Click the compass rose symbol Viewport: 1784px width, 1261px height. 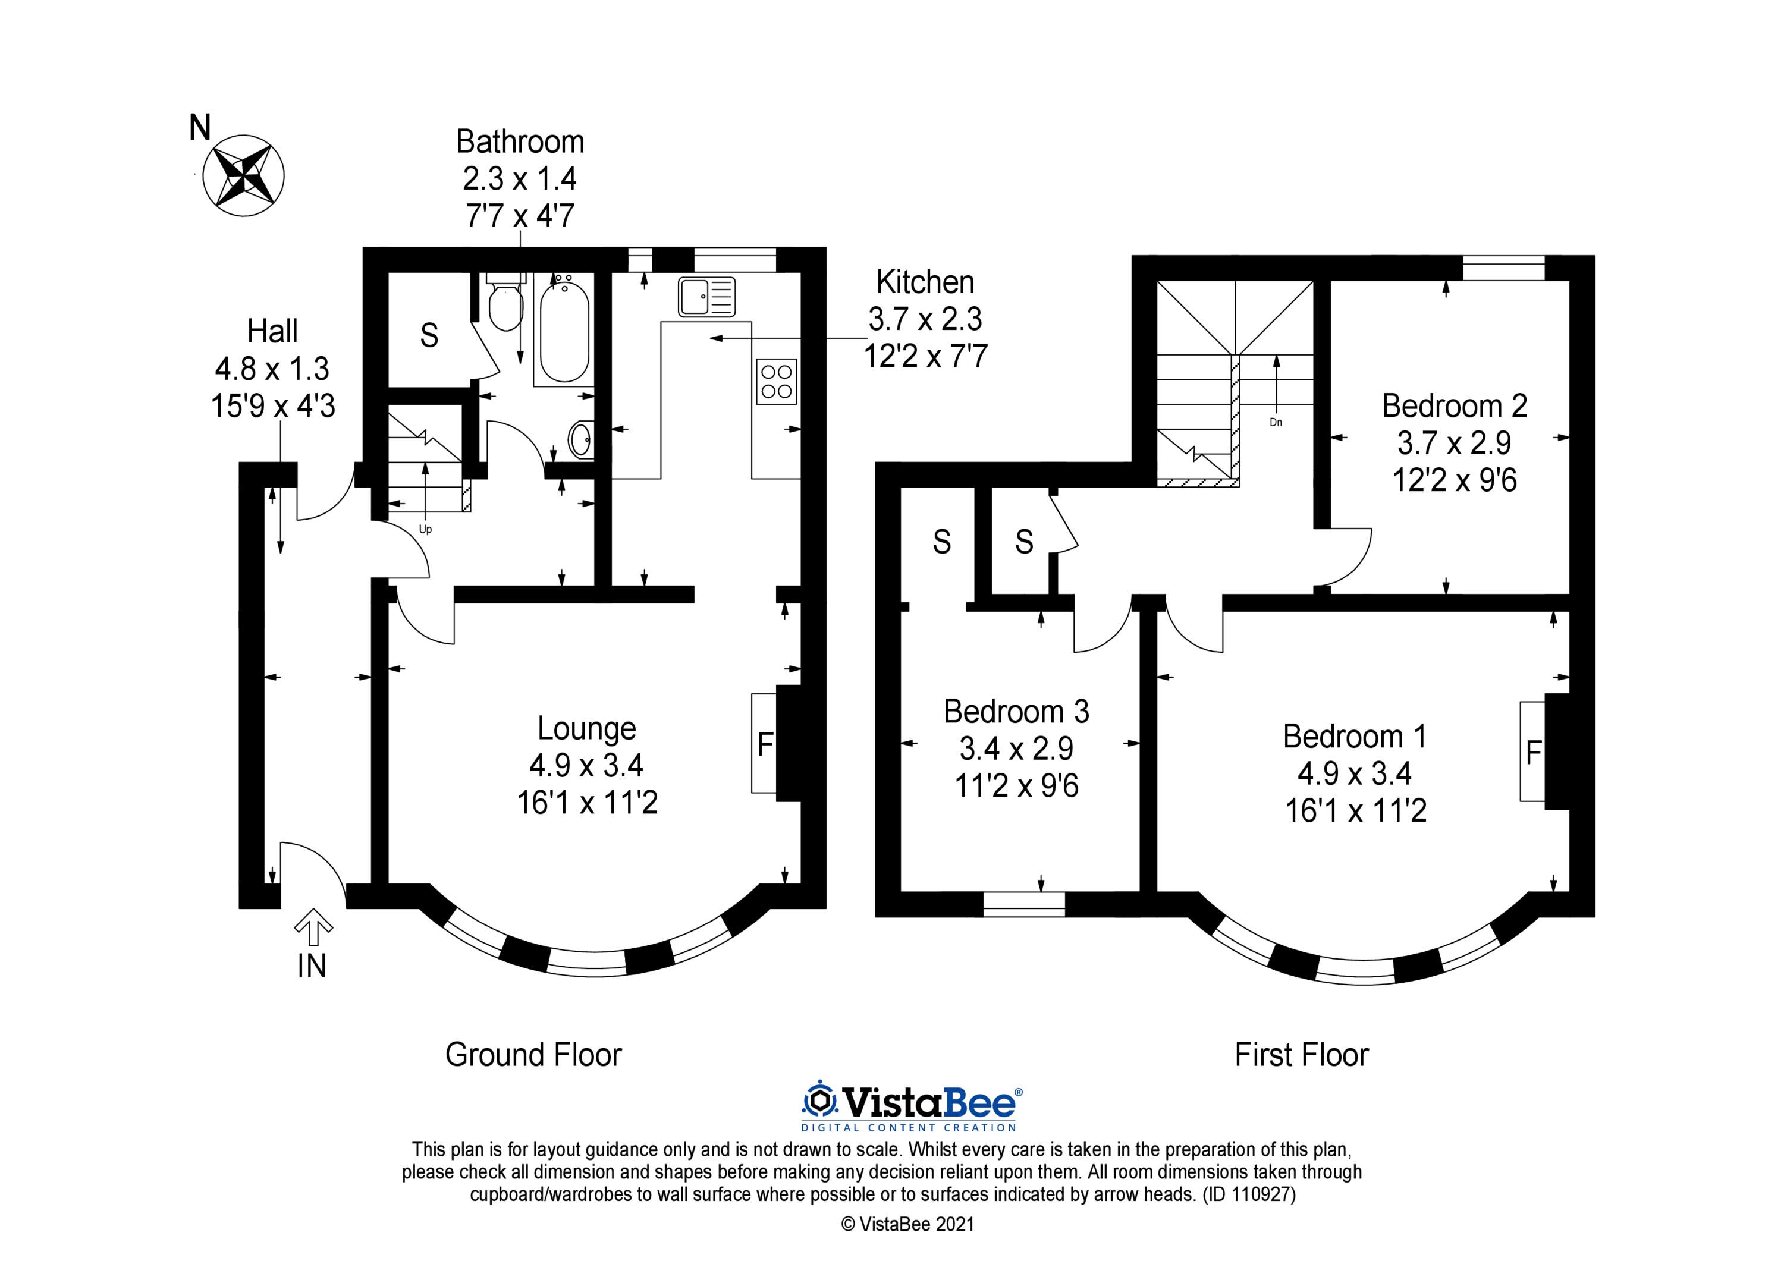pyautogui.click(x=243, y=175)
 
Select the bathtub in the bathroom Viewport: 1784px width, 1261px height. pyautogui.click(x=563, y=331)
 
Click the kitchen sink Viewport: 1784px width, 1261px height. pyautogui.click(x=706, y=297)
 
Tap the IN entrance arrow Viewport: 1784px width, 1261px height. pyautogui.click(x=314, y=922)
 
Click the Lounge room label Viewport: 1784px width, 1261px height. pyautogui.click(x=586, y=729)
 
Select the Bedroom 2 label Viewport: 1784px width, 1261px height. pyautogui.click(x=1455, y=406)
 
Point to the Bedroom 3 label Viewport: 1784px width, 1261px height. pyautogui.click(x=1016, y=712)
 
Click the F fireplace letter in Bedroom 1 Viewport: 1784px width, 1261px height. pyautogui.click(x=1533, y=753)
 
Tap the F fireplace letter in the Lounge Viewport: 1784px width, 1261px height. pyautogui.click(x=765, y=745)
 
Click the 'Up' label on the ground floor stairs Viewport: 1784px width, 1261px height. pyautogui.click(x=425, y=530)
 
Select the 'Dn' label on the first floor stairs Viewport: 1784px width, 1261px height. pyautogui.click(x=1276, y=423)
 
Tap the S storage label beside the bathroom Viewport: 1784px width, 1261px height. pyautogui.click(x=429, y=336)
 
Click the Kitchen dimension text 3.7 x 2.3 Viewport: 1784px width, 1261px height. pyautogui.click(x=925, y=319)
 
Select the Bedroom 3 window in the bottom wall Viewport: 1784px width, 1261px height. pyautogui.click(x=1024, y=904)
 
